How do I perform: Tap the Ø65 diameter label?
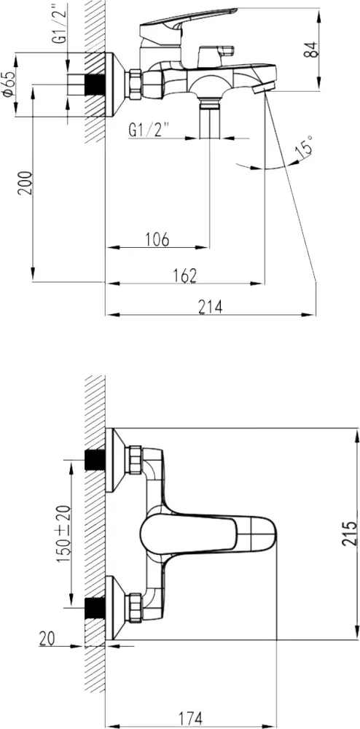tap(8, 84)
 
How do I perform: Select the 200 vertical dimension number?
tap(26, 183)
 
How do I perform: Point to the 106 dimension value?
tap(157, 240)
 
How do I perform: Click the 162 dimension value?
tap(184, 276)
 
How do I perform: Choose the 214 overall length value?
tap(211, 307)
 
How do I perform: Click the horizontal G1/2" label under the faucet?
tap(148, 130)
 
